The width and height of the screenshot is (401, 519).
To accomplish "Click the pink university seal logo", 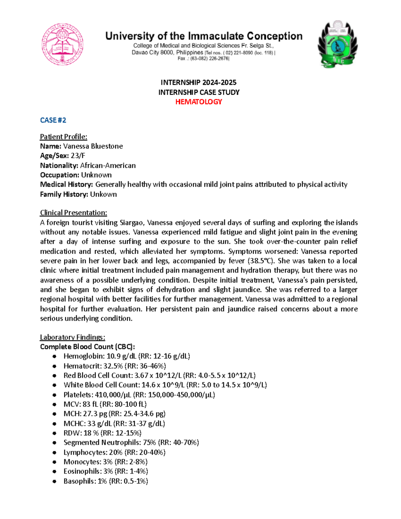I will pos(62,44).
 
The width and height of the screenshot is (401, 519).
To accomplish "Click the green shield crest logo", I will pos(338,44).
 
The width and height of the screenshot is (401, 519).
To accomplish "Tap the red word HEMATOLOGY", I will pos(199,102).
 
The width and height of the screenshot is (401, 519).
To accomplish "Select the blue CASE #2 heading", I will pos(53,120).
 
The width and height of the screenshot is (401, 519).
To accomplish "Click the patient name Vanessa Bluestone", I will pos(93,146).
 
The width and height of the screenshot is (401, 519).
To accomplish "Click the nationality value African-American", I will pos(108,165).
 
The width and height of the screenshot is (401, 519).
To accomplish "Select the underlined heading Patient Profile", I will pos(63,136).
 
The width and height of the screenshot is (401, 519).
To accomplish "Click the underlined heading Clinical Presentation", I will pos(74,213).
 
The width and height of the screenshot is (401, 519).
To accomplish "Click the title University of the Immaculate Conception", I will pos(204,36).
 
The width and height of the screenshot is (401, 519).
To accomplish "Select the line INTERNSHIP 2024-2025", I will pos(198,82).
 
